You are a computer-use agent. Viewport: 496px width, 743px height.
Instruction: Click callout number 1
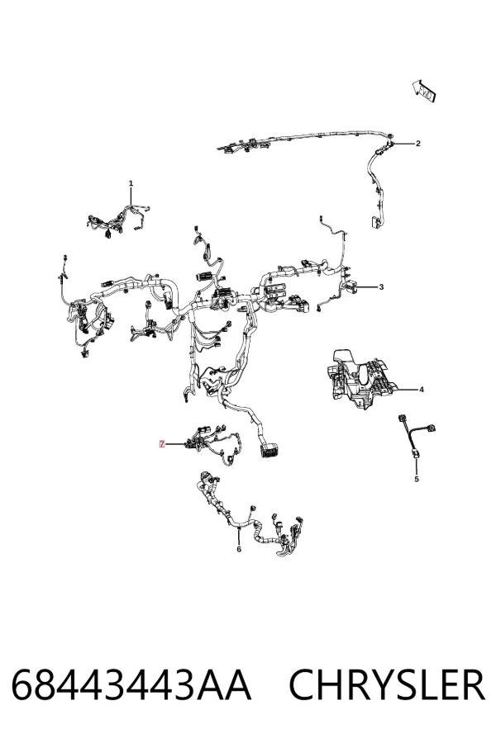tap(131, 183)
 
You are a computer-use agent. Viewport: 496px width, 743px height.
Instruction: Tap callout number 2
tap(417, 144)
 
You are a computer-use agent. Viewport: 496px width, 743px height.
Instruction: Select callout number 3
tap(380, 287)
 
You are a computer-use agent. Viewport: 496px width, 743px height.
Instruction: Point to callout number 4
tap(422, 390)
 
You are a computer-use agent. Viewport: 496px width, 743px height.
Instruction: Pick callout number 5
tap(417, 479)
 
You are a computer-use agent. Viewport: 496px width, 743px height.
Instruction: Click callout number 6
tap(239, 549)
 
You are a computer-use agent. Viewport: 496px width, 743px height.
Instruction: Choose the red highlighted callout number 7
tap(162, 444)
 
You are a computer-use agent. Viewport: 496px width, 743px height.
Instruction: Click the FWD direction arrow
tap(424, 91)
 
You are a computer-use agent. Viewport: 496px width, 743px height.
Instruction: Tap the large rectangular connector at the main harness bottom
tap(269, 450)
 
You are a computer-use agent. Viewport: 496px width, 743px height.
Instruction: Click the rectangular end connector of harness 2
tap(376, 222)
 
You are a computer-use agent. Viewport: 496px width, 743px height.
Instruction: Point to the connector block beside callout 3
tap(353, 287)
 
